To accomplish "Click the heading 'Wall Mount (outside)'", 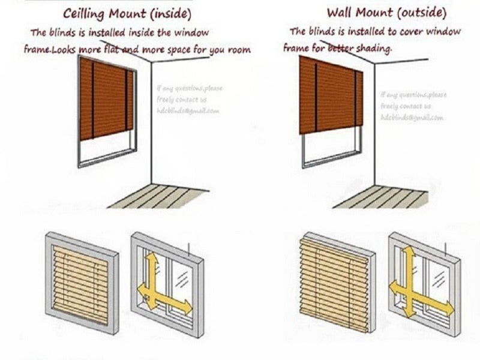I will click(386, 12).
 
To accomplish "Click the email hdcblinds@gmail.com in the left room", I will click(188, 111).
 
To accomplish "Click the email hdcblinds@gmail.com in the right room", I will click(412, 118).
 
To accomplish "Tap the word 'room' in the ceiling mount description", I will click(239, 50).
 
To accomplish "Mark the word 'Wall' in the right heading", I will click(341, 12).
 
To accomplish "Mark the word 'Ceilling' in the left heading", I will click(85, 13).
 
